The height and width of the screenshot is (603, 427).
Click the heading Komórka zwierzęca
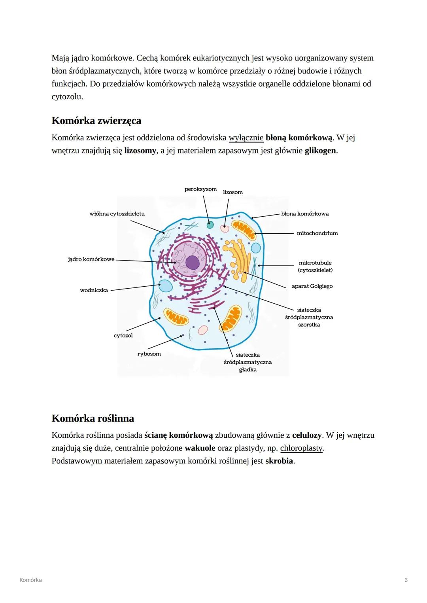tap(96, 121)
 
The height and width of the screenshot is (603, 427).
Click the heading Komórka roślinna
tap(93, 418)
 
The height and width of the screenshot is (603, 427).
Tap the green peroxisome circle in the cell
tap(210, 225)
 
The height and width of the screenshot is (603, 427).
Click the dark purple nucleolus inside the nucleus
tap(193, 263)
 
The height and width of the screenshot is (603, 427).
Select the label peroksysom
tap(200, 189)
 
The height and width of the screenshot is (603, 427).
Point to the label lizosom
tap(233, 192)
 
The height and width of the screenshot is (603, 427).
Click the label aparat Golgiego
tap(312, 286)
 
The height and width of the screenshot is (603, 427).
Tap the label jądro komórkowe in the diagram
tap(91, 259)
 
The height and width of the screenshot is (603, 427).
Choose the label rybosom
tap(149, 354)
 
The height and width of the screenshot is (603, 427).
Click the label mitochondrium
tap(317, 233)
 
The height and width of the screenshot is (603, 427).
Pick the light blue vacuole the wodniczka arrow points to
tap(165, 285)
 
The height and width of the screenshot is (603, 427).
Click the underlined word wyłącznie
tap(246, 138)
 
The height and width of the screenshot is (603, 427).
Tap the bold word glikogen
tap(320, 151)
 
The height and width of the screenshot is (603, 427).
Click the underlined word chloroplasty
tap(301, 448)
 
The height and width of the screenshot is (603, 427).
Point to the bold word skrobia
tap(279, 461)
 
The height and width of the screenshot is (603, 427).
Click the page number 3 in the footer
tap(406, 580)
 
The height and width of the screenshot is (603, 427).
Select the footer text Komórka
tap(30, 580)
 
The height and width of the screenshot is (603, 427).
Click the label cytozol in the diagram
tap(123, 336)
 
